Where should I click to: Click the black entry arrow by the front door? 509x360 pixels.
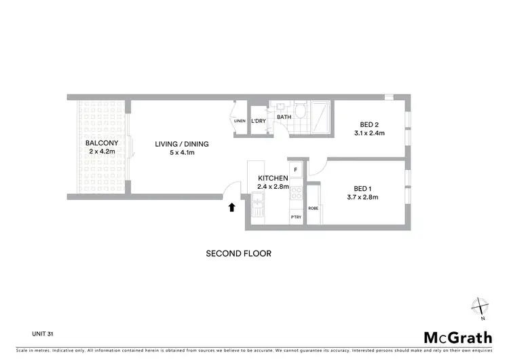[232, 207]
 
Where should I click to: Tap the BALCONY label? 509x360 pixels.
[102, 143]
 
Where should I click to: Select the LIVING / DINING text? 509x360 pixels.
[181, 144]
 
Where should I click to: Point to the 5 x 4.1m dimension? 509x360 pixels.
[181, 153]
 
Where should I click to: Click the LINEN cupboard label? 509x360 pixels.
[239, 121]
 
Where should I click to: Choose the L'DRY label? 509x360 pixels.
[258, 121]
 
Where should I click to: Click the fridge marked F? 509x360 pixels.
[295, 168]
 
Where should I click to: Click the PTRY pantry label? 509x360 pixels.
[296, 217]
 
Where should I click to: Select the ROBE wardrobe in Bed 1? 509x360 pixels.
[314, 208]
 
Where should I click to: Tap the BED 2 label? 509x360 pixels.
[369, 124]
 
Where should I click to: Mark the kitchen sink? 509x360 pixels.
[258, 201]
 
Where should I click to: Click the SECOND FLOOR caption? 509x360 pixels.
[238, 253]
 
